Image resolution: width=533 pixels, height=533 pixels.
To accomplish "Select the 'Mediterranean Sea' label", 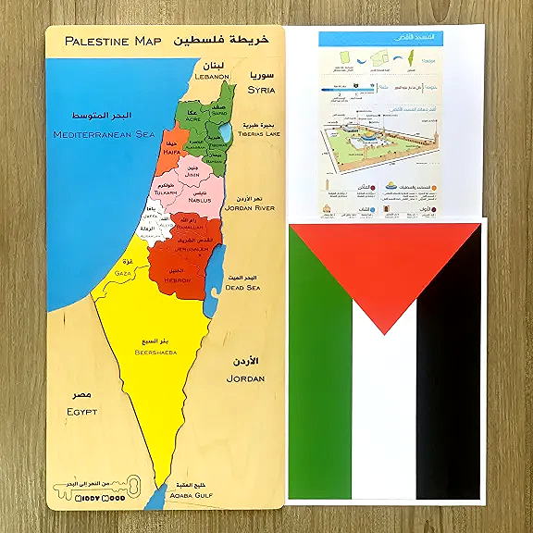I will tap(104, 135).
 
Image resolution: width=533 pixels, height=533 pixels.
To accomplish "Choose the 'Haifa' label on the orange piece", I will tap(172, 153).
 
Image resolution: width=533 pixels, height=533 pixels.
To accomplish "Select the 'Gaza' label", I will tap(122, 274).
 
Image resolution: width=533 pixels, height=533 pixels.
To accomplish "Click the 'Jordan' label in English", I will tap(245, 378).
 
